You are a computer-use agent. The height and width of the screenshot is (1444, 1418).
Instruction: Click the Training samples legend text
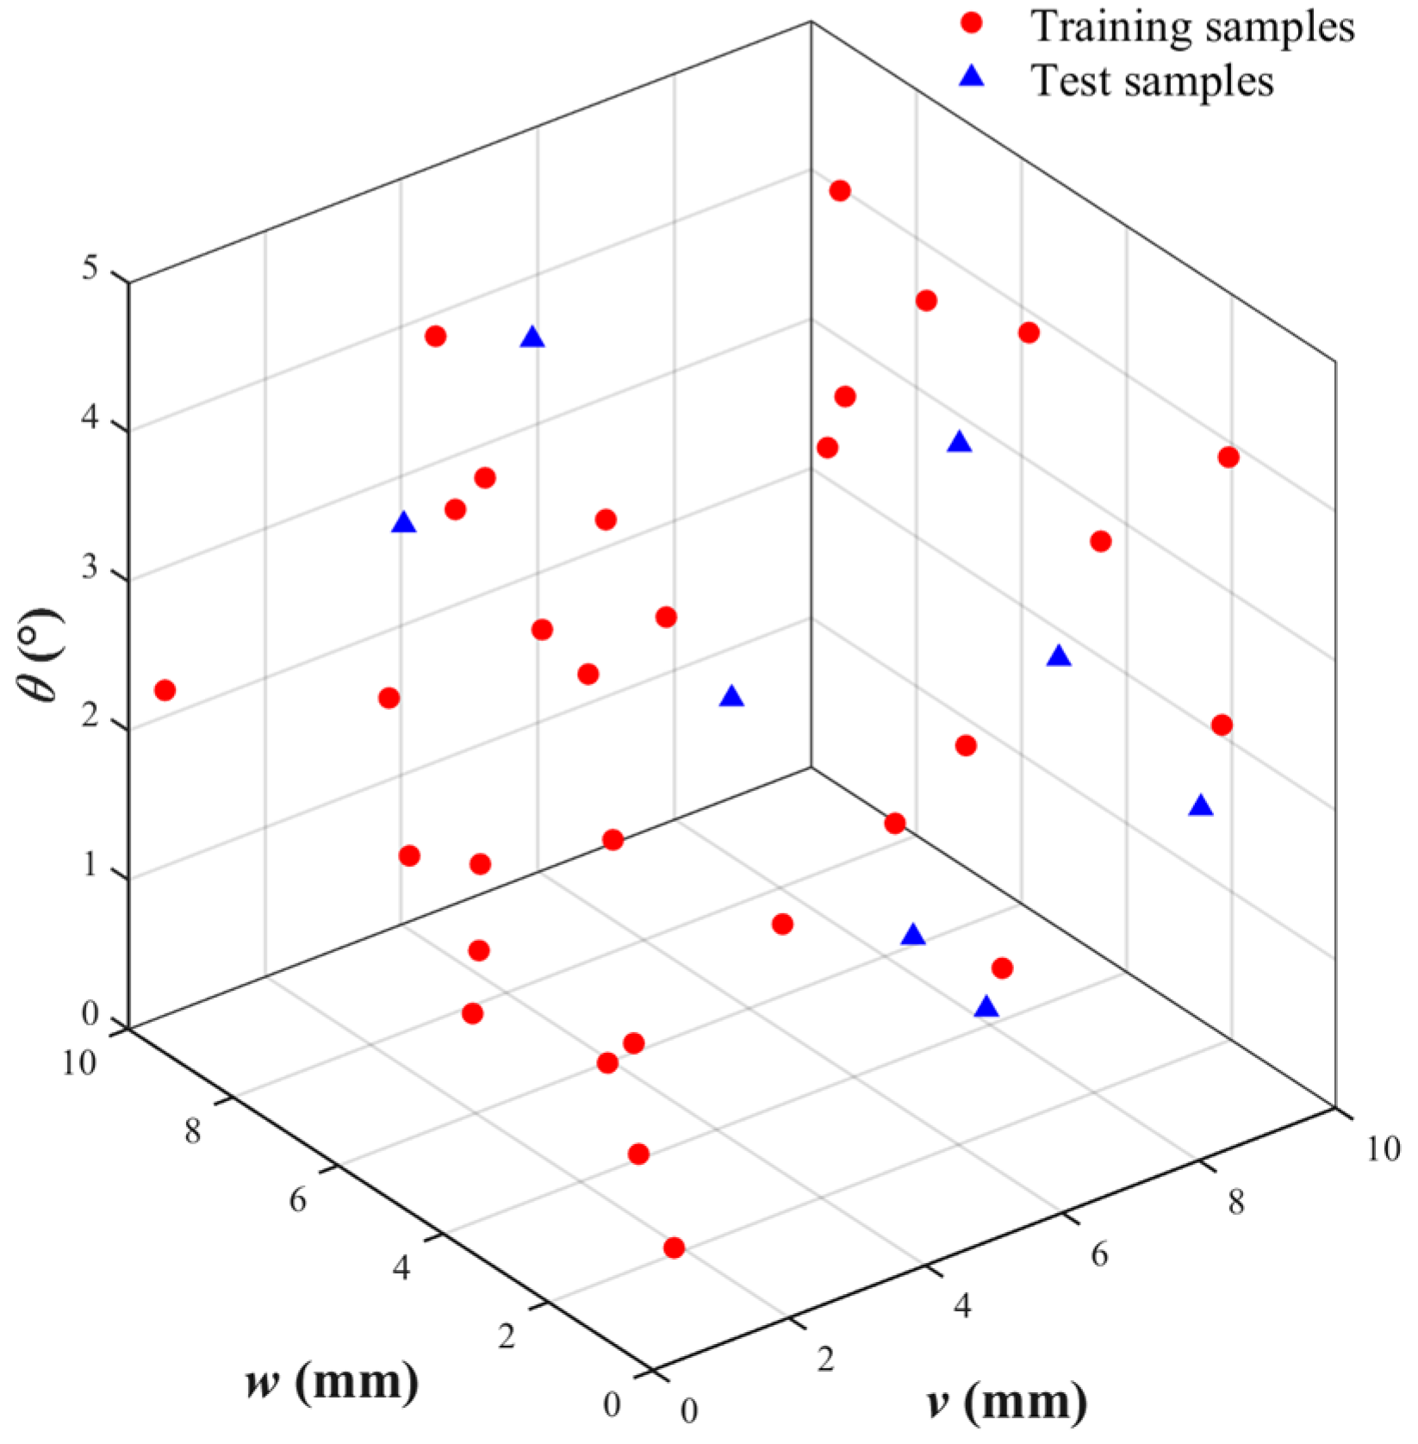[1192, 27]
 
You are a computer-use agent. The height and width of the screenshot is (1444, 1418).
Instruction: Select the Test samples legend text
[1152, 81]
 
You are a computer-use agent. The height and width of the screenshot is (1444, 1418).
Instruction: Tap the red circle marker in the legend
[972, 23]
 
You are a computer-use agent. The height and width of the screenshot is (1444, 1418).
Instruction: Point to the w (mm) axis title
[332, 1381]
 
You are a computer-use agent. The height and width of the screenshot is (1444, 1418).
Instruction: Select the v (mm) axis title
[1007, 1401]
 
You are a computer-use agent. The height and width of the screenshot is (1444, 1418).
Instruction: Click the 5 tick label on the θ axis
[91, 269]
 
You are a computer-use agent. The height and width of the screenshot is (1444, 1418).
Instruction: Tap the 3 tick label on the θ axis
[90, 571]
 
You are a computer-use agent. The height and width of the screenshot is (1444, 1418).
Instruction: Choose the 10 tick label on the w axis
[79, 1063]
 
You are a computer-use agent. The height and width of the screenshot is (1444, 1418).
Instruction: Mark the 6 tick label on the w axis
[298, 1199]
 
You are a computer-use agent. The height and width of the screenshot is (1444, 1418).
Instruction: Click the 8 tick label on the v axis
[1236, 1203]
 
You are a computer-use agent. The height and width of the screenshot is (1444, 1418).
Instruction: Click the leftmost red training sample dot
[165, 690]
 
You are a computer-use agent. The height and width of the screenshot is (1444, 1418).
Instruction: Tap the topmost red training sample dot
[840, 190]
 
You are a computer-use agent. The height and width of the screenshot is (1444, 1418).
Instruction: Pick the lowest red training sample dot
[674, 1248]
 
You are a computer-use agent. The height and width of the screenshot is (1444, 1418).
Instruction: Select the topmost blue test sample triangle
[532, 337]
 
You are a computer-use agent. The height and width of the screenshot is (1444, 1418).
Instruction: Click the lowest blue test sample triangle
[987, 1006]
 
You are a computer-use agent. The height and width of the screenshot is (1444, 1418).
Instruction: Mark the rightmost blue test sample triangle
[1201, 806]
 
